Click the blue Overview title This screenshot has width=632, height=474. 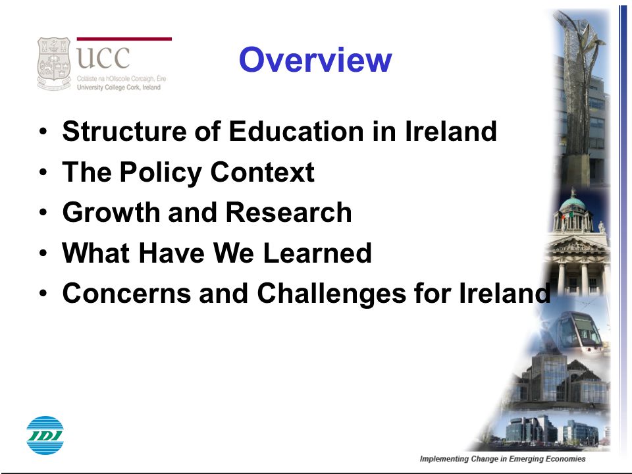point(315,60)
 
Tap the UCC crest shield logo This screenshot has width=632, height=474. point(53,63)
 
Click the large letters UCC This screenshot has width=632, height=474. point(103,58)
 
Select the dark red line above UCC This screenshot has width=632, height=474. point(124,39)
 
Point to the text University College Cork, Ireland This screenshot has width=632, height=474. point(118,87)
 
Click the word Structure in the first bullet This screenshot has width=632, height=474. point(124,131)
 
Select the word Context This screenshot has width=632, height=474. point(263,172)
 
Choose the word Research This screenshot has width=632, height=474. point(288,212)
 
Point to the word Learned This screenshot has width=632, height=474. point(317,253)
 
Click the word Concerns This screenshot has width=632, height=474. point(126,293)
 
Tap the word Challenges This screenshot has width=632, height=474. point(331,294)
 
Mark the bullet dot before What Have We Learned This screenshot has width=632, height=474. point(43,253)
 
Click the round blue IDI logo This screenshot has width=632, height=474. point(45,435)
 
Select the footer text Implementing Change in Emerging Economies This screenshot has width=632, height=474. point(502,459)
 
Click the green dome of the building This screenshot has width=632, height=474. point(573,202)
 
